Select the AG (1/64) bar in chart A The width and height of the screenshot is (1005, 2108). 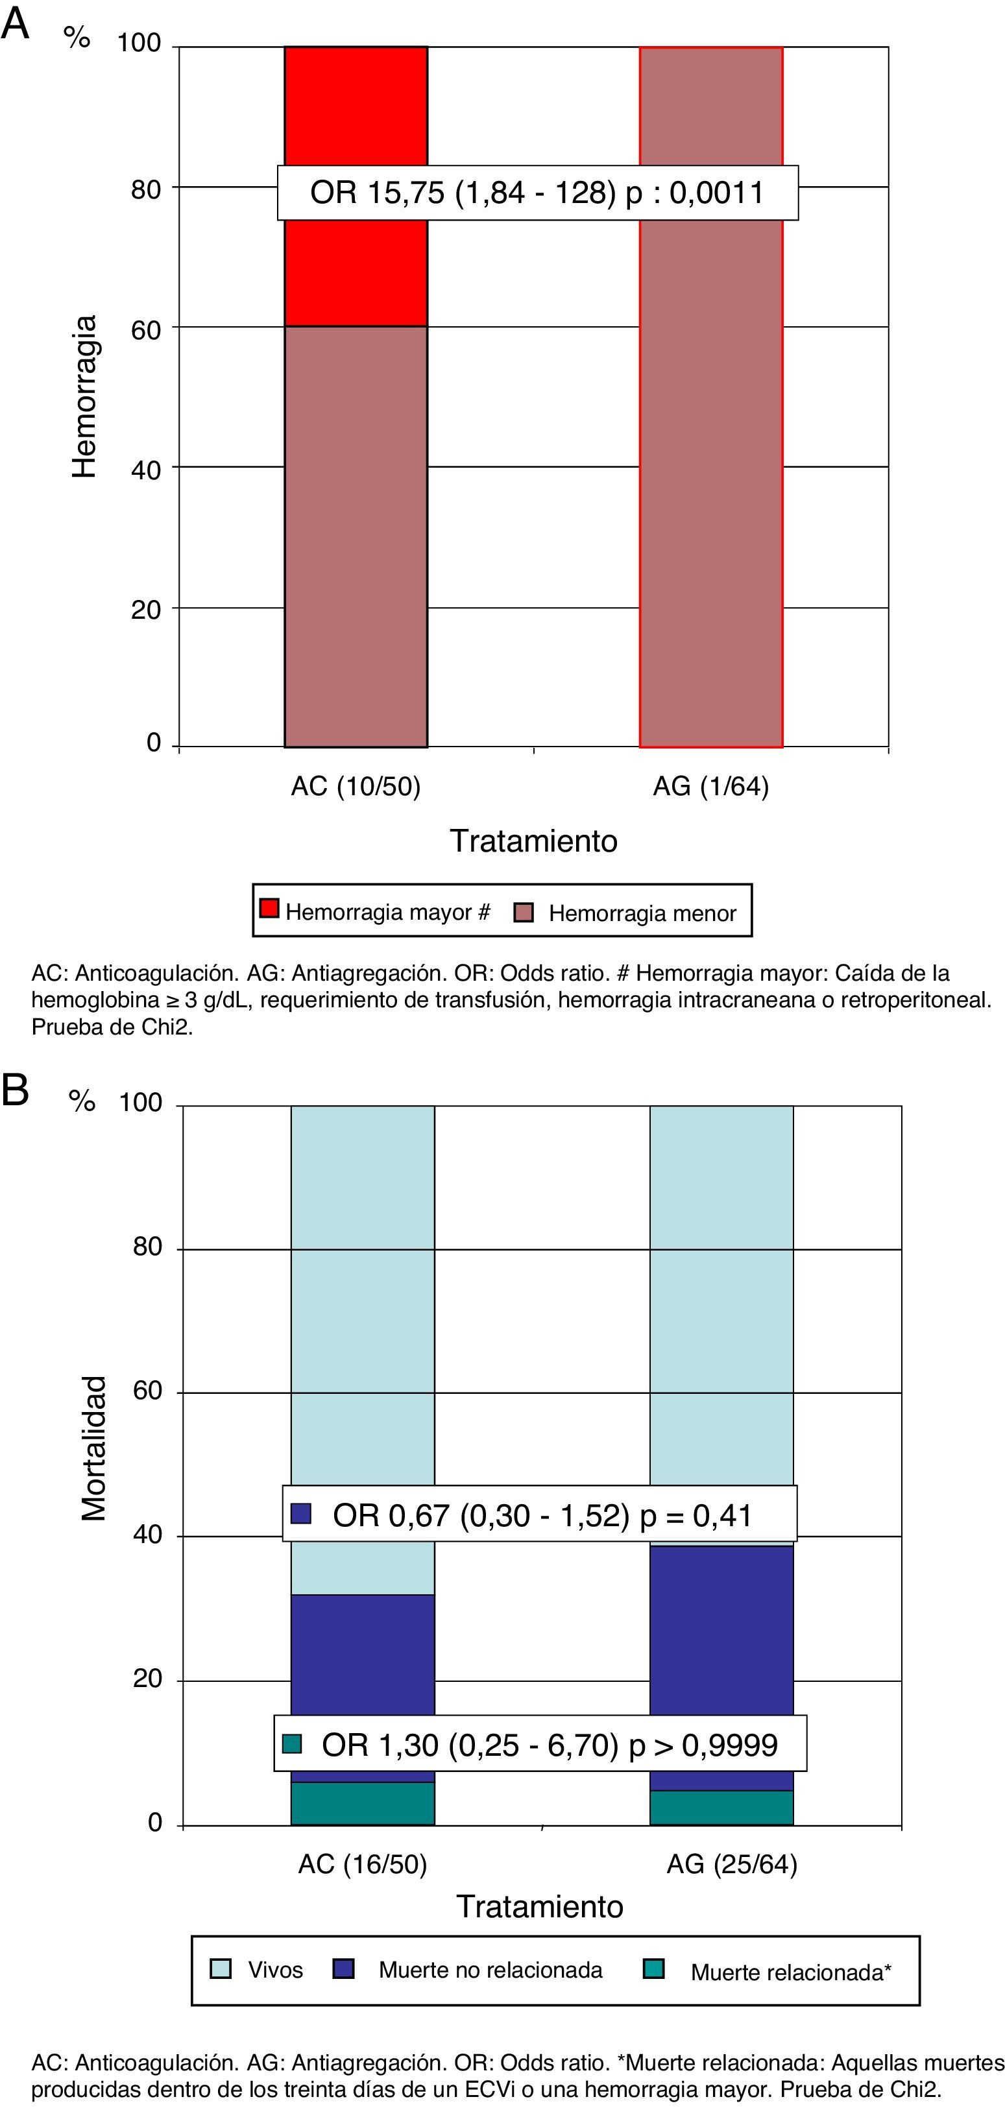point(710,491)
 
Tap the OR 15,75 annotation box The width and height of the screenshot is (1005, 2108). point(537,193)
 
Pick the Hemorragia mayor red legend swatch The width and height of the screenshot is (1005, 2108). point(269,908)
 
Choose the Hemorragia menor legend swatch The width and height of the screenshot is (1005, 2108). point(523,913)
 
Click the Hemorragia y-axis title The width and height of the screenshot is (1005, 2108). point(84,397)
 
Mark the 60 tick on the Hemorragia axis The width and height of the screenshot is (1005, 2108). point(146,329)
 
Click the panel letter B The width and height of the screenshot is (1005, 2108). point(16,1091)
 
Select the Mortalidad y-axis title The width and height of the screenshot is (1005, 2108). point(94,1448)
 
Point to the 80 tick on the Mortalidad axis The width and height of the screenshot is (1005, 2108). point(147,1247)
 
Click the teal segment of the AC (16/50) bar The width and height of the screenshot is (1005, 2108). point(363,1803)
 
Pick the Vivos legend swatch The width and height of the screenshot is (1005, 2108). point(220,1969)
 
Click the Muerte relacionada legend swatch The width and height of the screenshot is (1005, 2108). point(653,1969)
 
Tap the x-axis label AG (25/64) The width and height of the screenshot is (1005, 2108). point(732,1864)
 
